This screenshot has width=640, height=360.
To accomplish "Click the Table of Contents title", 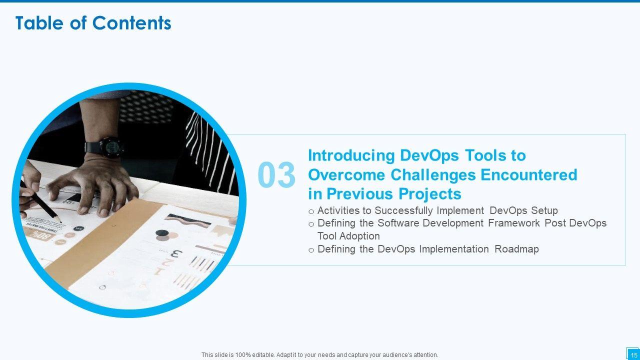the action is click(93, 23).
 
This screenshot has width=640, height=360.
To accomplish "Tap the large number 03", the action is click(276, 174).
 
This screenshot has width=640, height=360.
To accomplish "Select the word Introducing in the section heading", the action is click(351, 156).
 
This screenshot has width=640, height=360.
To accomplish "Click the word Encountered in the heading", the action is click(529, 175).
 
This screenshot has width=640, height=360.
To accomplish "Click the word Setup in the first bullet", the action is click(544, 211).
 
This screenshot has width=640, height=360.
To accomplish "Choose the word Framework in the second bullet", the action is click(514, 223).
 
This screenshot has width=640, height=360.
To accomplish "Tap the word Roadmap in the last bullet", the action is click(516, 249).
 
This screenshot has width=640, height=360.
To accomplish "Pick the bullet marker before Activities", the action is click(311, 211).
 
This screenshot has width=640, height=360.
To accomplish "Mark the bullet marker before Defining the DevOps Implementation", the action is click(311, 250).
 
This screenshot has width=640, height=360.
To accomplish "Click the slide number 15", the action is click(633, 355).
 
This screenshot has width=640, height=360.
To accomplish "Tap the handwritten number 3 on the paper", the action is click(176, 253).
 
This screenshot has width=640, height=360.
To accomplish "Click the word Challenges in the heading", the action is click(433, 175).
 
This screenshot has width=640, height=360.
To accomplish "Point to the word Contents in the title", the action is click(131, 23).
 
